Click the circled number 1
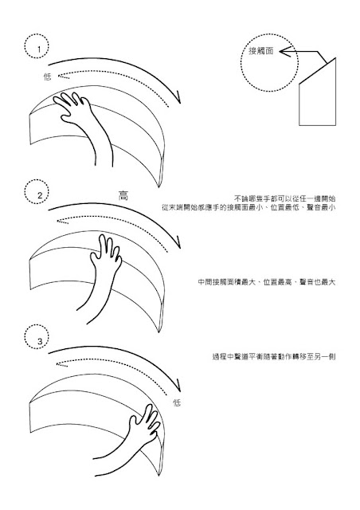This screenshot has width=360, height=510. tap(39, 49)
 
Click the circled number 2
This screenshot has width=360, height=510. tap(40, 195)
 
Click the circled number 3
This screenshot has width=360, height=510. tap(40, 341)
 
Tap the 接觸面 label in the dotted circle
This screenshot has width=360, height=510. tap(260, 51)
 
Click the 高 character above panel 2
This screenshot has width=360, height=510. tap(123, 195)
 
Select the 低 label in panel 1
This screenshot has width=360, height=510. tap(48, 76)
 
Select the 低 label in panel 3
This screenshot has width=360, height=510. tap(177, 403)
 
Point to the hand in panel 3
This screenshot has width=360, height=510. tap(130, 439)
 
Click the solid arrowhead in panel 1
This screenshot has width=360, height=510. tap(177, 97)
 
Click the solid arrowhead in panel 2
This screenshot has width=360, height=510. tap(177, 242)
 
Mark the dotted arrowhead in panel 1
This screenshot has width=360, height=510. tap(63, 76)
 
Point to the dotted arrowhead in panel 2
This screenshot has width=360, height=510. tap(62, 222)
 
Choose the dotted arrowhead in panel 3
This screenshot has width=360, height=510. tap(62, 364)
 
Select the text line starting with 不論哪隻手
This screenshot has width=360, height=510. tap(285, 198)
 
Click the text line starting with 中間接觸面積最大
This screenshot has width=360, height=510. tap(267, 282)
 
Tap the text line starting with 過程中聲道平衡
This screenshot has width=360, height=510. tap(274, 357)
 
